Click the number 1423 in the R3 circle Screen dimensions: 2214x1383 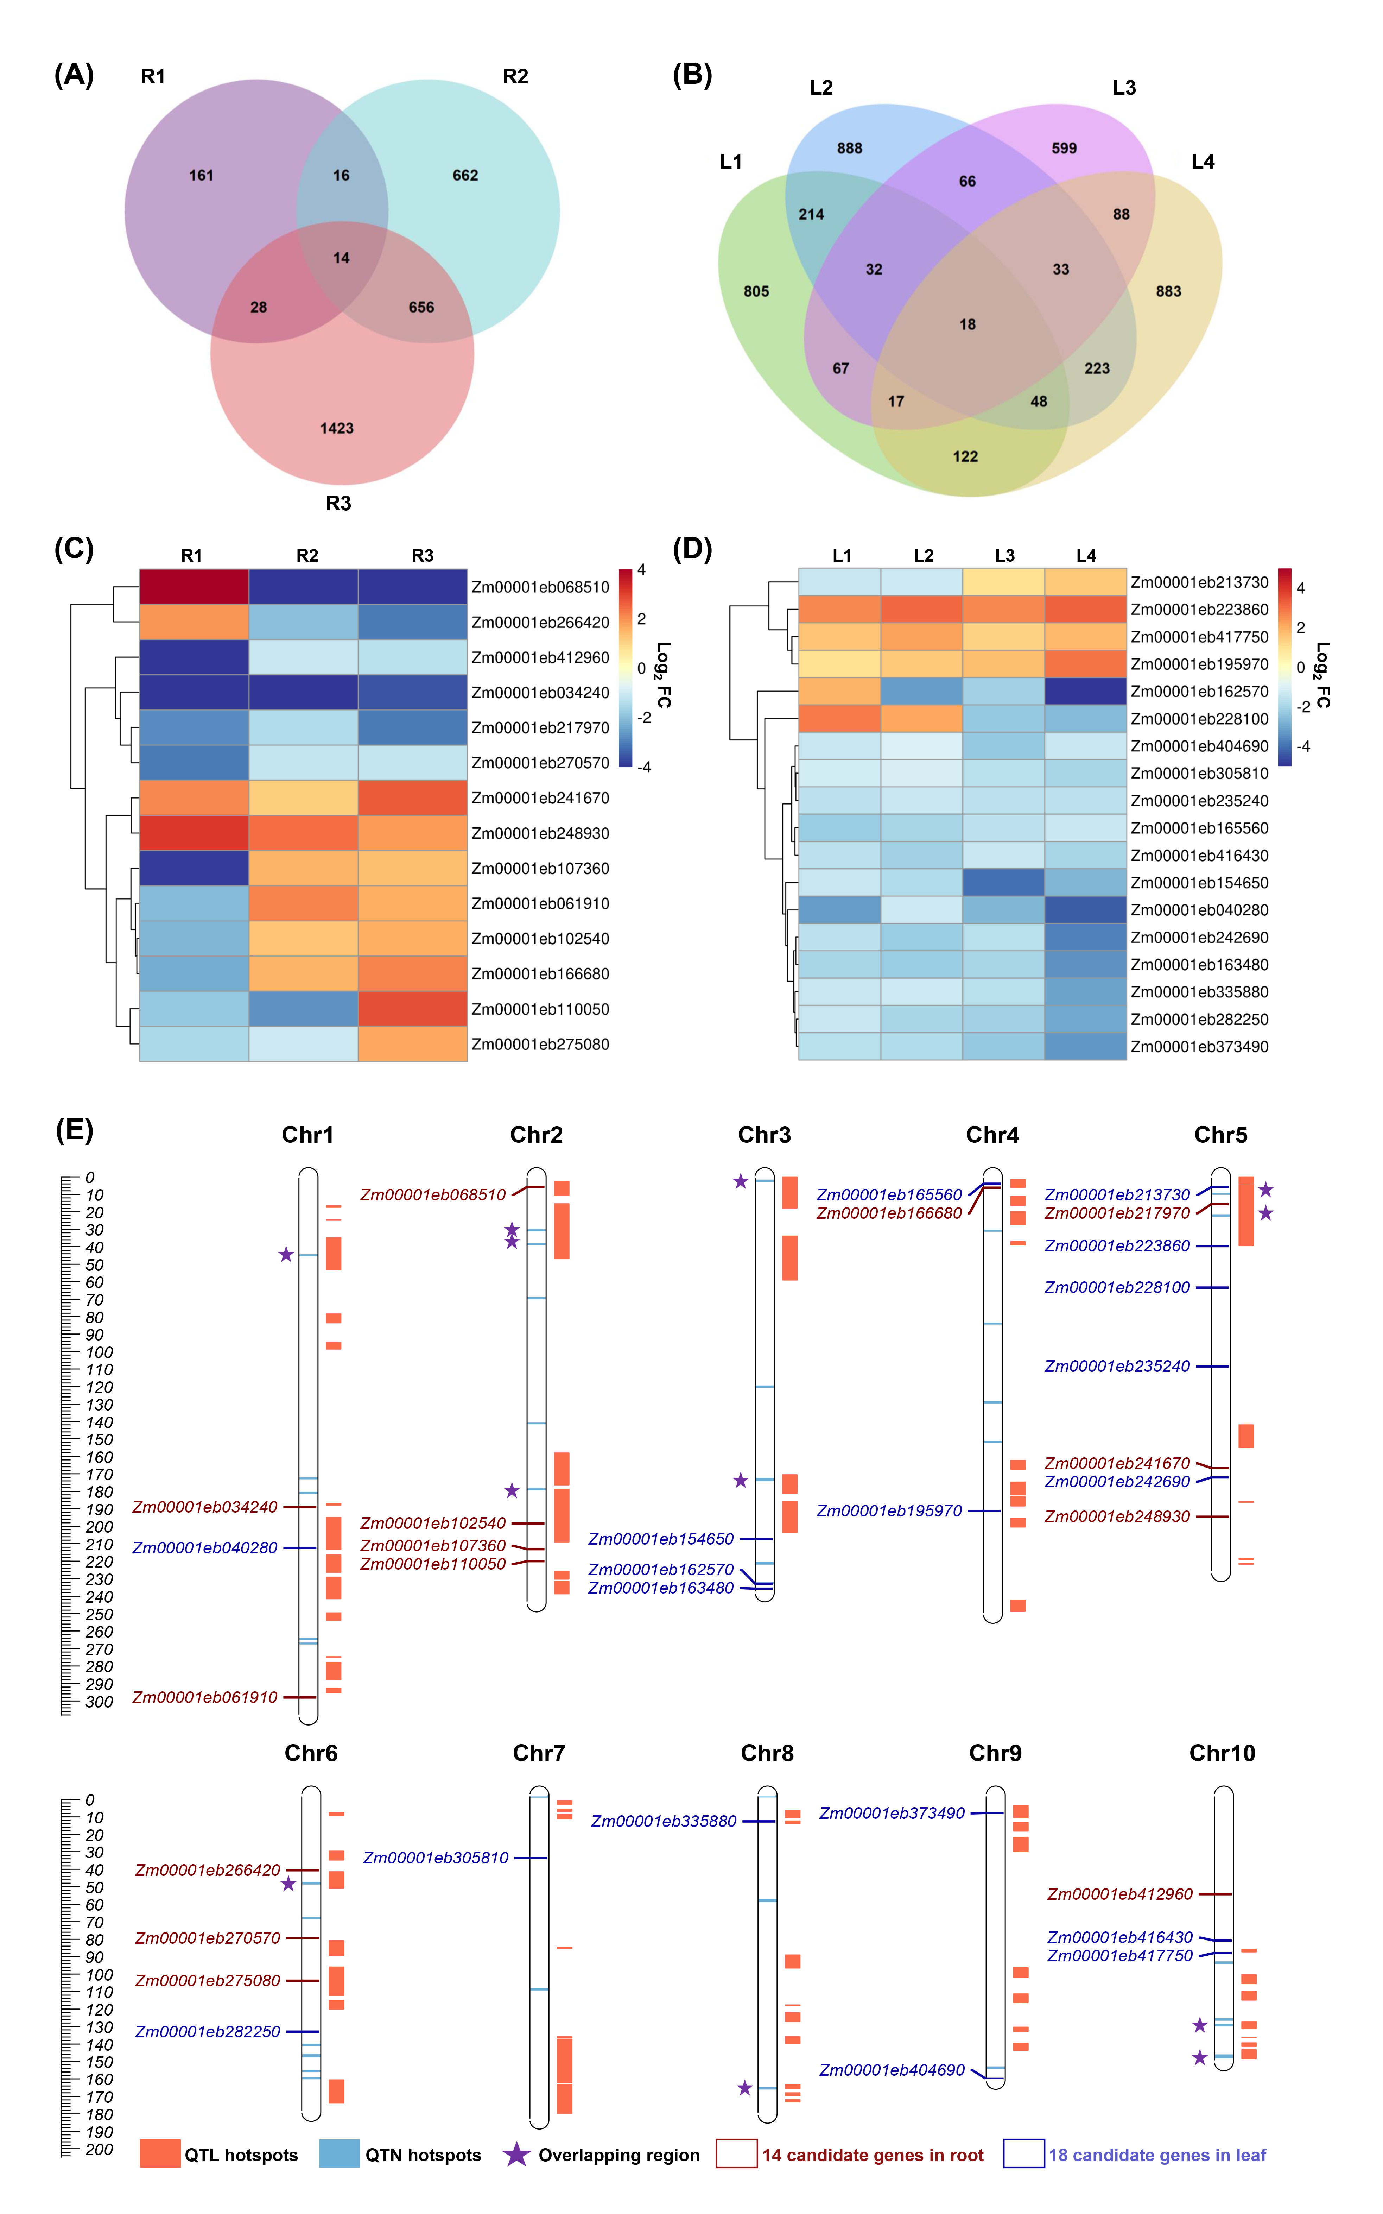[x=337, y=428]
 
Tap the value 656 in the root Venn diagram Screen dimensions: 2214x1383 [x=421, y=307]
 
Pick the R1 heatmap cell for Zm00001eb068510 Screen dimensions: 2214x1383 [x=194, y=586]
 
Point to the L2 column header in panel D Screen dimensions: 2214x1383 [x=923, y=555]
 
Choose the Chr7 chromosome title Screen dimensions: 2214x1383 [x=539, y=1753]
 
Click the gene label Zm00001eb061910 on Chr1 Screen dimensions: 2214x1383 [x=205, y=1697]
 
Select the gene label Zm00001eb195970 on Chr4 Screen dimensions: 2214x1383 [x=889, y=1510]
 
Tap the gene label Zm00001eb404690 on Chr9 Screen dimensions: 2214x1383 [x=892, y=2069]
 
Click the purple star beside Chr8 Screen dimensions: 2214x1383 [x=744, y=2088]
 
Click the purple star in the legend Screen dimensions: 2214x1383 [x=517, y=2153]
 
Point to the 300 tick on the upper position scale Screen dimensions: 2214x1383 [x=99, y=1702]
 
